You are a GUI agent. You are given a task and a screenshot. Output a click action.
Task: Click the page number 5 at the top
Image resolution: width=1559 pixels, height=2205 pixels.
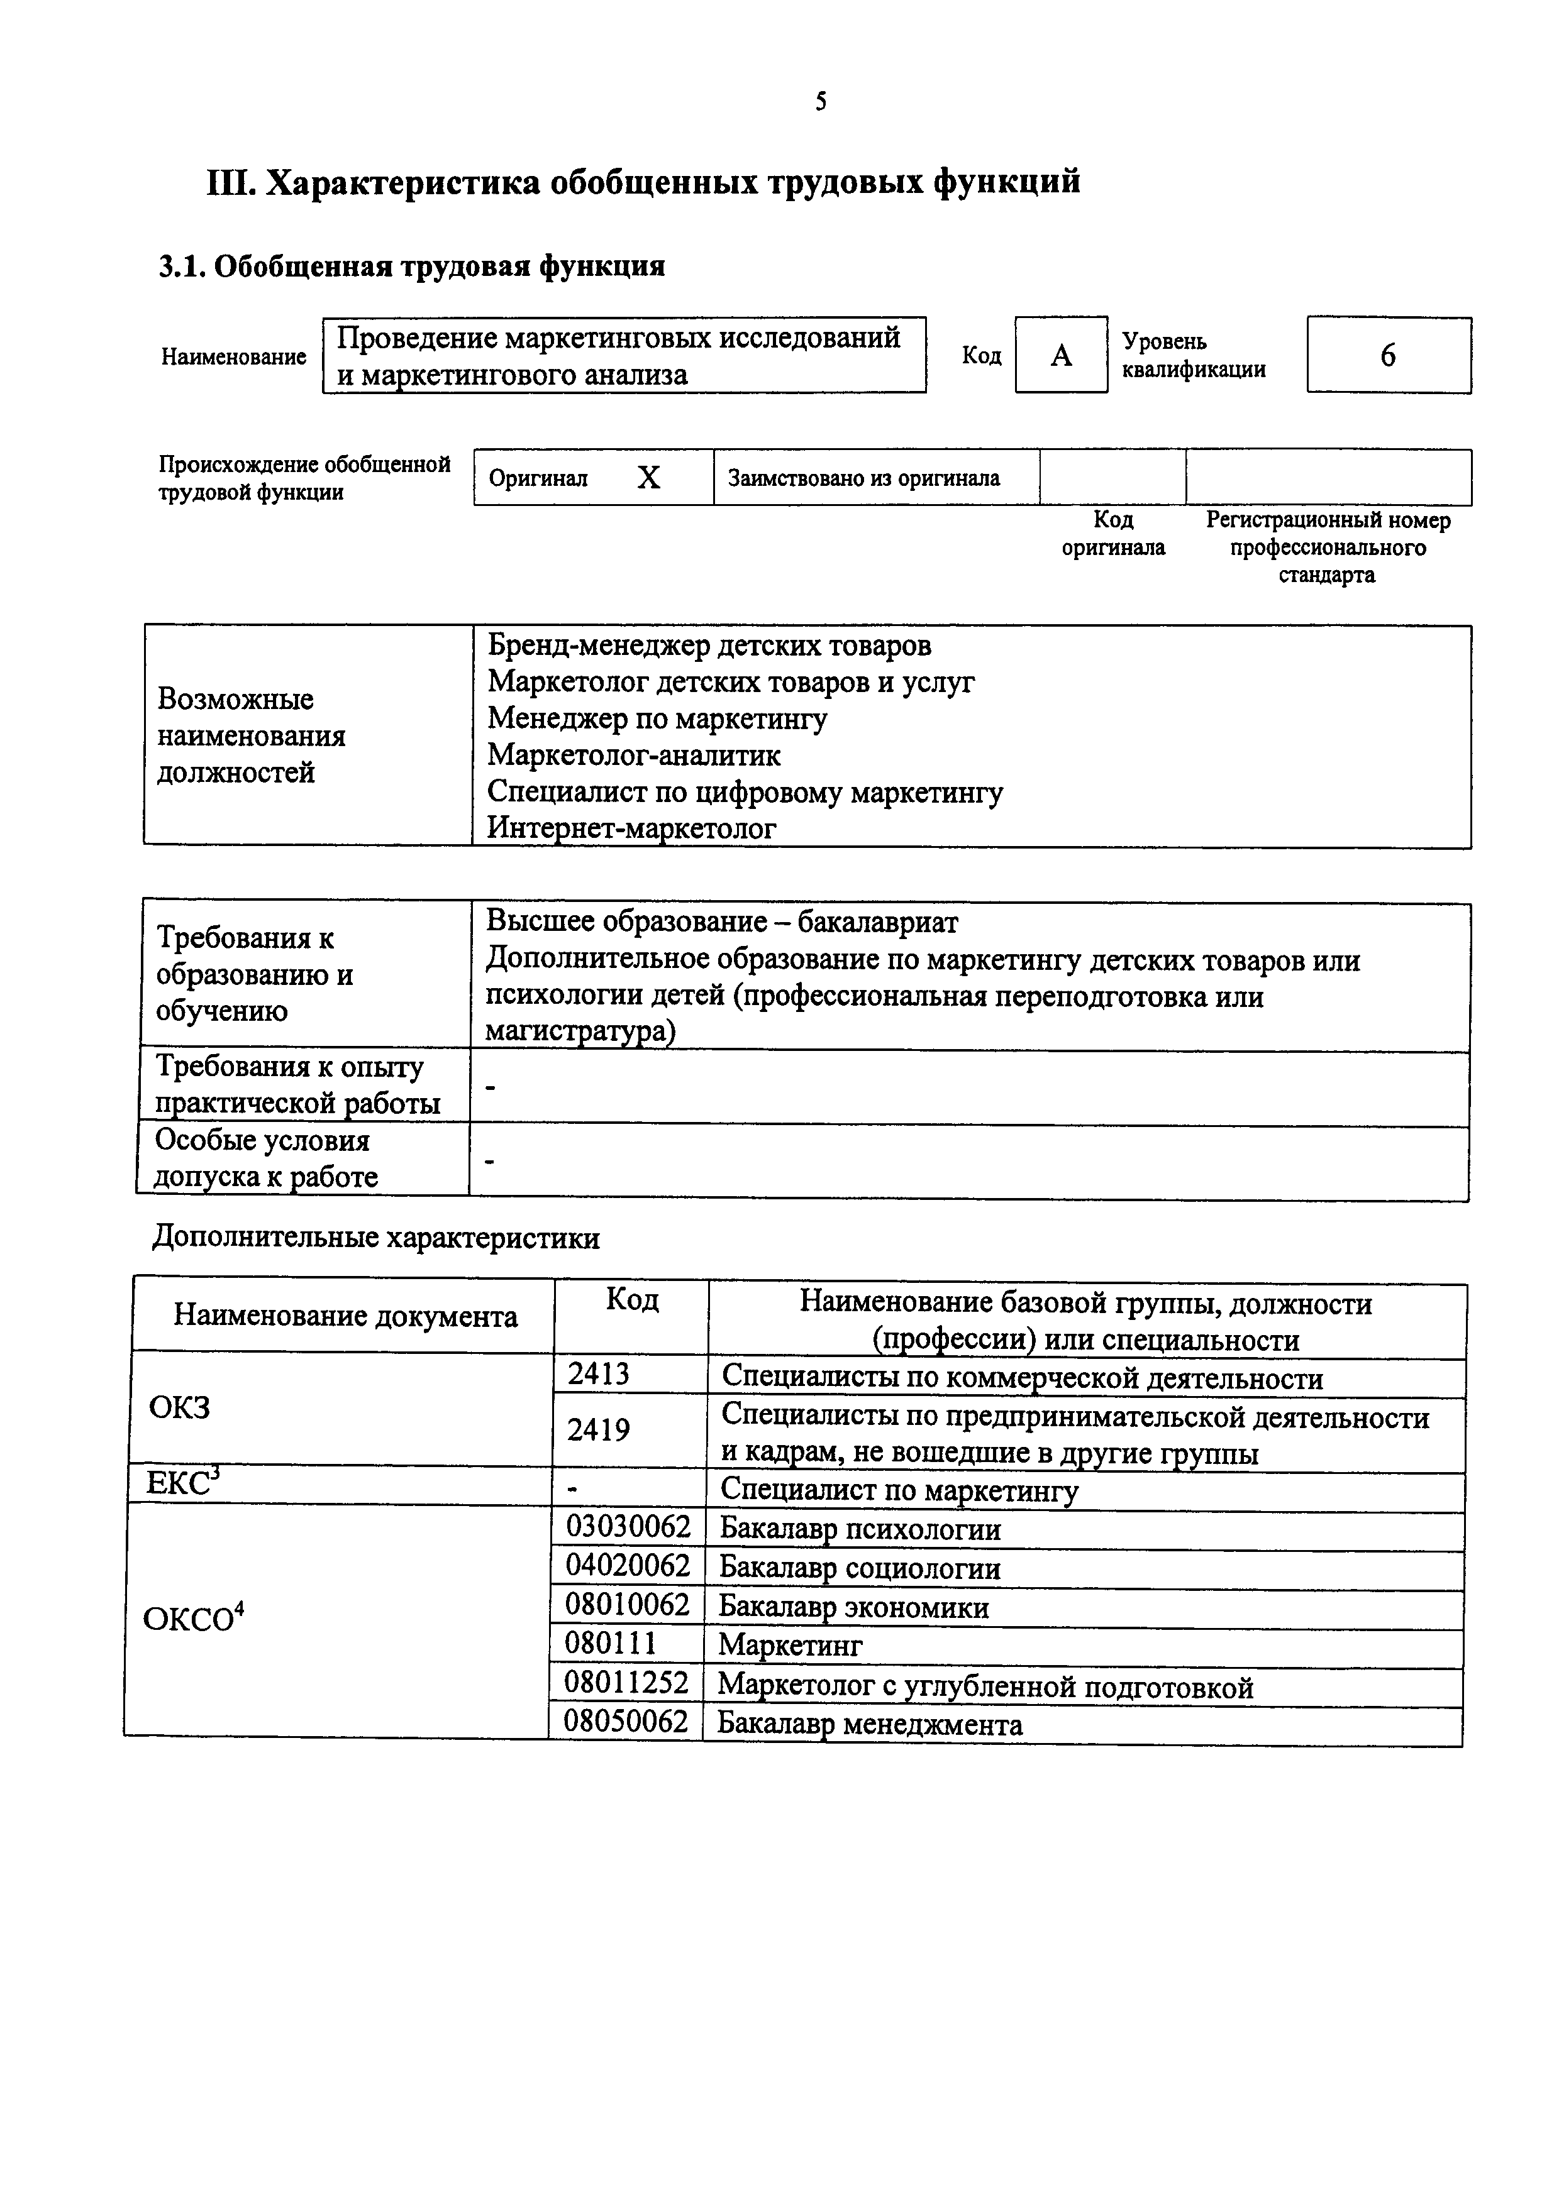(820, 102)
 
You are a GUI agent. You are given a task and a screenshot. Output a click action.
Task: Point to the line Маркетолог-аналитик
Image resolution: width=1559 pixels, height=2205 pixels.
(634, 756)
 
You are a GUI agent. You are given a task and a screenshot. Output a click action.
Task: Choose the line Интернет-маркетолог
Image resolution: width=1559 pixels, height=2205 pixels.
(631, 828)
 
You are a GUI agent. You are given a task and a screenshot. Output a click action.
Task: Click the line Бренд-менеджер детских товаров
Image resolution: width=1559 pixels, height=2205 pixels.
(709, 646)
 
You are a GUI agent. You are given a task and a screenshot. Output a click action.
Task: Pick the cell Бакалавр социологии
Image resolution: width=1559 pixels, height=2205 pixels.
(860, 1568)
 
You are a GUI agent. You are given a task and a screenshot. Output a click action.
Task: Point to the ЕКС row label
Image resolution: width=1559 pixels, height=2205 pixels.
(182, 1484)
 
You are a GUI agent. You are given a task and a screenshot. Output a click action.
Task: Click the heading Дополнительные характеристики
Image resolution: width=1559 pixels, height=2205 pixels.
(375, 1238)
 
